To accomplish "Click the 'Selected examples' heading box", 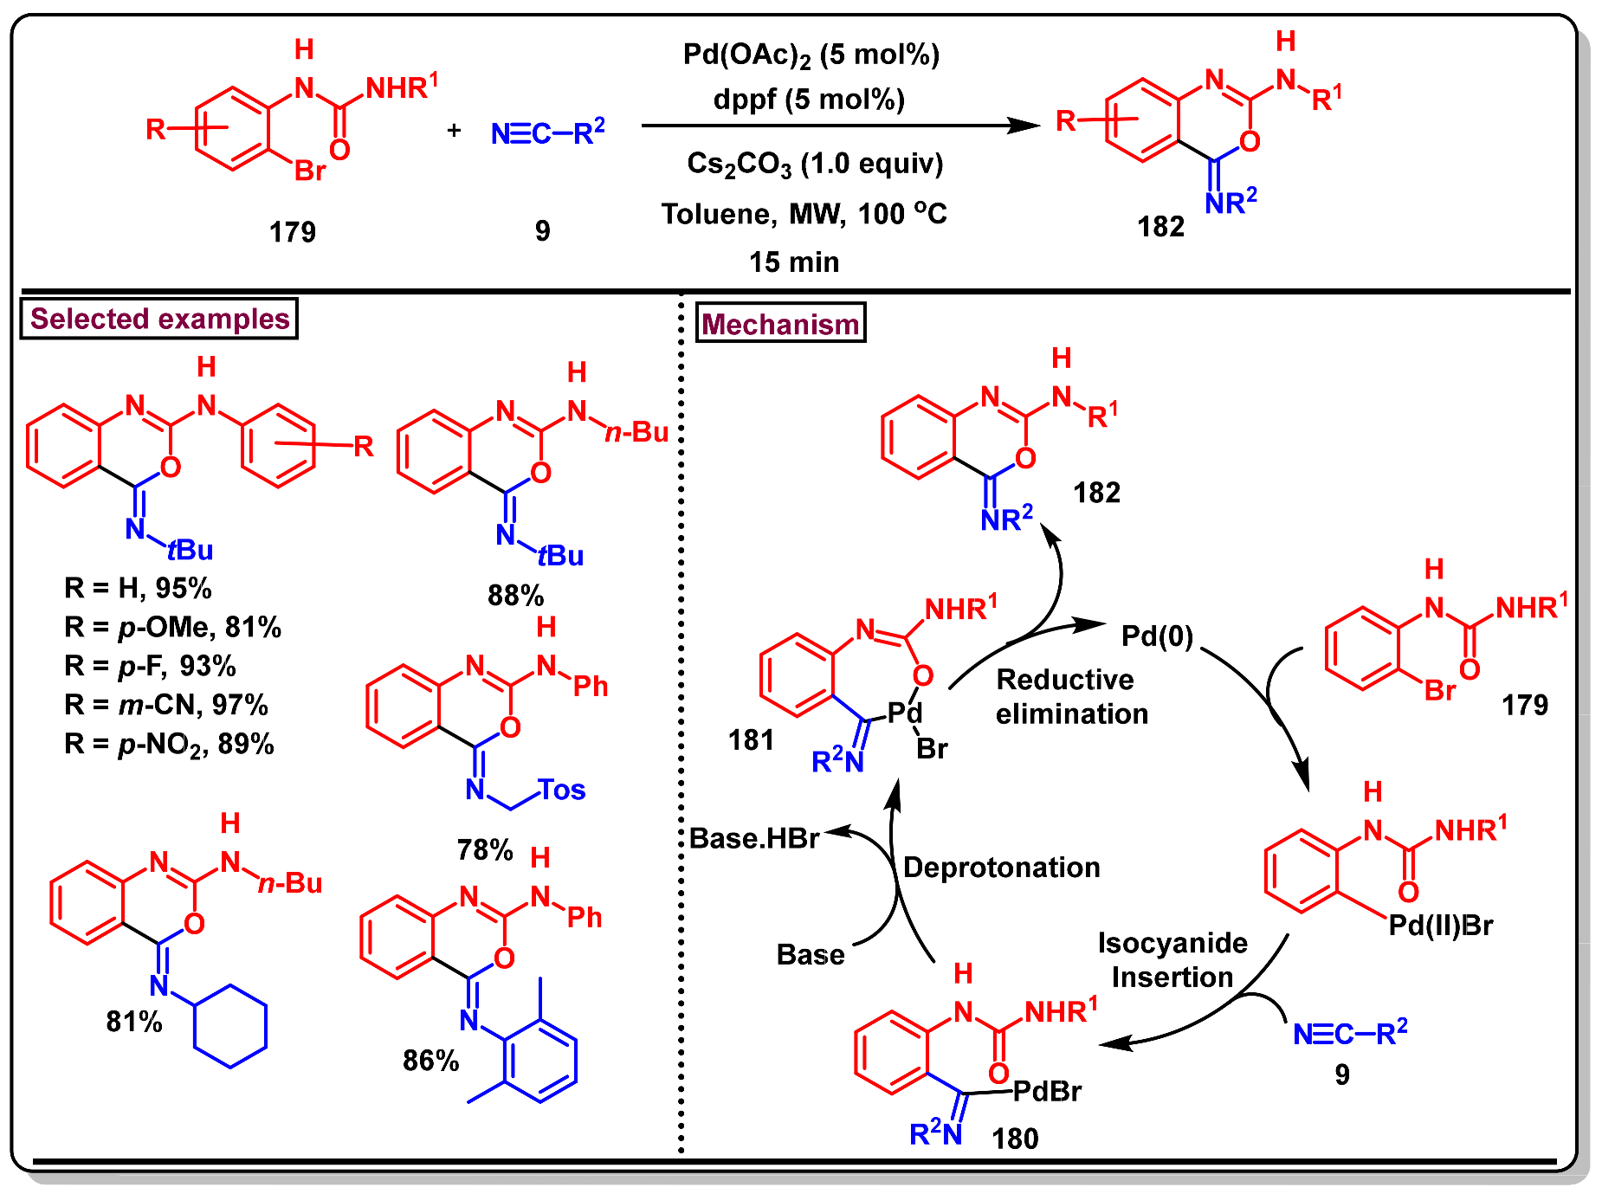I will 159,319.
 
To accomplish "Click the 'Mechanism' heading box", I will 780,324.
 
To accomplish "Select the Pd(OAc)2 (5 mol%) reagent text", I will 811,55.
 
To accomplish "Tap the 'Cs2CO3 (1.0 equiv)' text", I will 815,164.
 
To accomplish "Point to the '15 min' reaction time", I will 794,261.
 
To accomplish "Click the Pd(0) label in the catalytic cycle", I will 1157,636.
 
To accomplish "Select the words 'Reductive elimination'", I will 1071,696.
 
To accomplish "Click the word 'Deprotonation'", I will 1001,867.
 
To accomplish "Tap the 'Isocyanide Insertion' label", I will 1172,959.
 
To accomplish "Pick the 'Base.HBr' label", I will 754,838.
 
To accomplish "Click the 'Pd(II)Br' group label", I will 1441,926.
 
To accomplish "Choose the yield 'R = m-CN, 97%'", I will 166,705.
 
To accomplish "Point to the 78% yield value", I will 485,849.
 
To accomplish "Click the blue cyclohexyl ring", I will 230,1026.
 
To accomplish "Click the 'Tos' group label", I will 562,790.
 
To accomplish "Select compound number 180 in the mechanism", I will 1015,1138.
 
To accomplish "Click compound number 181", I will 751,739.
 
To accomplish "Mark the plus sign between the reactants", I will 454,131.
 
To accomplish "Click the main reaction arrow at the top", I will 840,126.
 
